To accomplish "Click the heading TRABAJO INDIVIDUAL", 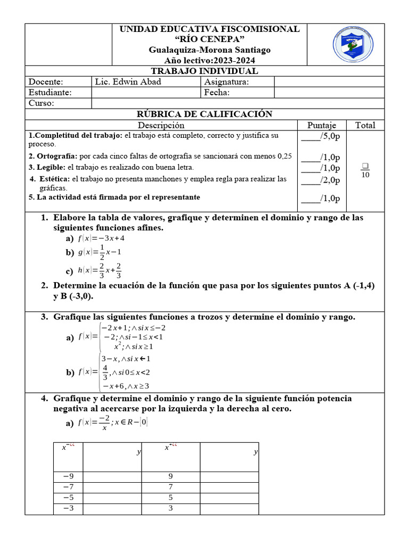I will click(x=204, y=71).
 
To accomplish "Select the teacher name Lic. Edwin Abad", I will click(x=127, y=81).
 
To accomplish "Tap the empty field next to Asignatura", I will click(x=329, y=81).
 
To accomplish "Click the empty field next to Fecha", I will click(x=329, y=93).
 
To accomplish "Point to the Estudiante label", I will click(x=50, y=93).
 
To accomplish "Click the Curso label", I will click(x=42, y=103).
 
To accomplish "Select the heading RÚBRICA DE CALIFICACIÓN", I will click(x=204, y=114).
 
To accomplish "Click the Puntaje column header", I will click(x=322, y=125).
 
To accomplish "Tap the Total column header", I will click(x=365, y=125).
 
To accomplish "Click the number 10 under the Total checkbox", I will click(x=365, y=175).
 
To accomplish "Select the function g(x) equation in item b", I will click(x=100, y=252).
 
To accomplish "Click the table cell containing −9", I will click(x=68, y=477).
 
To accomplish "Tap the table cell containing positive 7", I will click(x=170, y=487).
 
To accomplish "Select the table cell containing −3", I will click(x=68, y=508).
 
